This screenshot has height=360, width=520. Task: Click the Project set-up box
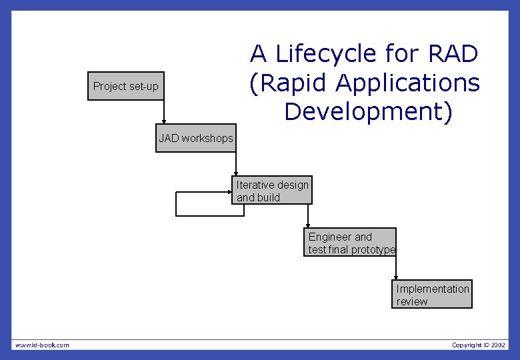125,86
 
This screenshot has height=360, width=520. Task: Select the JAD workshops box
195,138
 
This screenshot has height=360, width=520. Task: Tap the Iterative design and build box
272,191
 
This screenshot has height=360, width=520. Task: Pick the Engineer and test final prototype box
351,243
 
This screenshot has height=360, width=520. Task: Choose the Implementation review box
432,295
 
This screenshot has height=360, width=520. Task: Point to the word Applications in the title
407,83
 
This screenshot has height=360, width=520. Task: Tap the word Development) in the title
368,111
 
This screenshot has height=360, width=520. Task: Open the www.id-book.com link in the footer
42,345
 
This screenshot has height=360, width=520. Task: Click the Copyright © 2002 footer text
478,345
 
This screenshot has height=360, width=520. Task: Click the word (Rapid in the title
289,83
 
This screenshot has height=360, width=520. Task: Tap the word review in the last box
412,301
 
